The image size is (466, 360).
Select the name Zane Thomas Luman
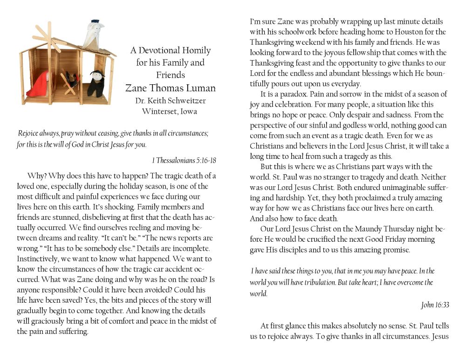(x=170, y=88)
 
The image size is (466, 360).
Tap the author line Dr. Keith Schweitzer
(x=170, y=100)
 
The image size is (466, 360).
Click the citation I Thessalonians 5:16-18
(x=184, y=160)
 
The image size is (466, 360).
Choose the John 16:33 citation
(x=435, y=305)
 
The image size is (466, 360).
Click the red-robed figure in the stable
(x=41, y=84)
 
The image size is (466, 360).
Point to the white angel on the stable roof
(x=93, y=35)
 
